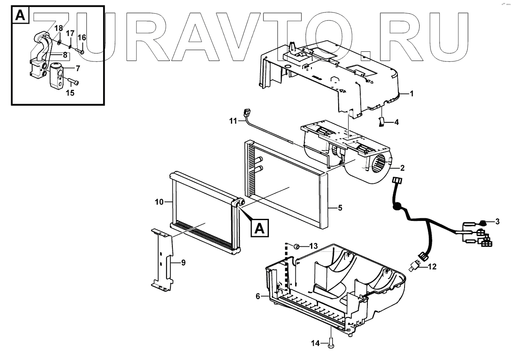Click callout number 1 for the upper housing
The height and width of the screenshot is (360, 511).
click(412, 94)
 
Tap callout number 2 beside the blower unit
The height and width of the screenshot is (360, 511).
click(402, 168)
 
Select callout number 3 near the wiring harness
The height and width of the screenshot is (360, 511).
click(497, 221)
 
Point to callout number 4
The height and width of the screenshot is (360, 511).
click(396, 122)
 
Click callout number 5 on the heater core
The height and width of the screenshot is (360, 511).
click(340, 207)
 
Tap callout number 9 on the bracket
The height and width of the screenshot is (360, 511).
click(183, 263)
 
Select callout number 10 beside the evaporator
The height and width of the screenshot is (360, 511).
click(159, 203)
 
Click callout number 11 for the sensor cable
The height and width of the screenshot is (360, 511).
click(232, 121)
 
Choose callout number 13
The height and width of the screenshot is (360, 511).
click(314, 246)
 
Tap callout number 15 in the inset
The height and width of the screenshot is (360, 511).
click(70, 92)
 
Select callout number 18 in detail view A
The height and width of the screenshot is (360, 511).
click(58, 28)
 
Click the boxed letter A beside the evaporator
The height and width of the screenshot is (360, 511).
click(259, 228)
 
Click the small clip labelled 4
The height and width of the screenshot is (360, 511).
click(381, 122)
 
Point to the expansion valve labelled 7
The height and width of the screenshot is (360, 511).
click(57, 75)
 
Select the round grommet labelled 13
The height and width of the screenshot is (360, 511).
click(296, 246)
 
